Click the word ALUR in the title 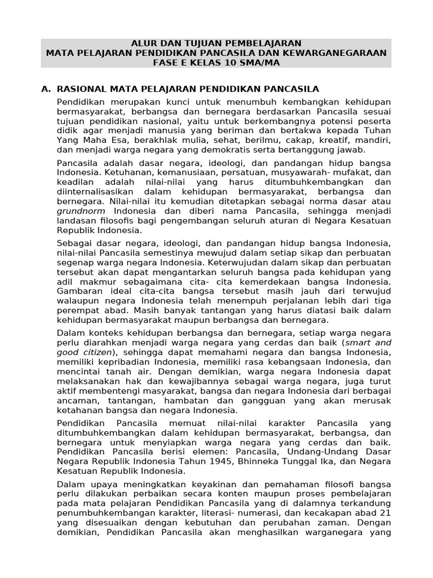tap(143, 43)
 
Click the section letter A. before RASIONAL tap(47, 89)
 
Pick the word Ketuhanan tap(127, 172)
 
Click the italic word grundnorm tap(80, 211)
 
